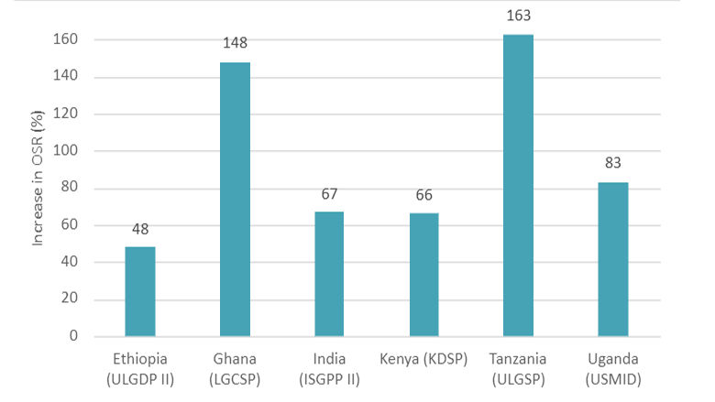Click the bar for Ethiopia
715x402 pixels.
(x=139, y=291)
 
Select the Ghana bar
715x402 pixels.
(x=235, y=200)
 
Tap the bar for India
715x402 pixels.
(x=329, y=274)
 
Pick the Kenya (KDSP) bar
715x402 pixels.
(x=423, y=275)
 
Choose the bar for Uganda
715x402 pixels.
(x=613, y=259)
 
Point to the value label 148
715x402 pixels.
(x=235, y=43)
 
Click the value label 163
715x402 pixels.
(x=518, y=15)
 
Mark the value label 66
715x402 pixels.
(x=423, y=194)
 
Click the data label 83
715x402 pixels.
(x=613, y=163)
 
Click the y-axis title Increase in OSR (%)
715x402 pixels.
(x=38, y=188)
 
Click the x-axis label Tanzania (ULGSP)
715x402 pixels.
(x=518, y=367)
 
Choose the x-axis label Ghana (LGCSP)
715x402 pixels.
(x=235, y=367)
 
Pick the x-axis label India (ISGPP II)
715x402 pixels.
(x=329, y=367)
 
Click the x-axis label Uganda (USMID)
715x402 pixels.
(x=613, y=367)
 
